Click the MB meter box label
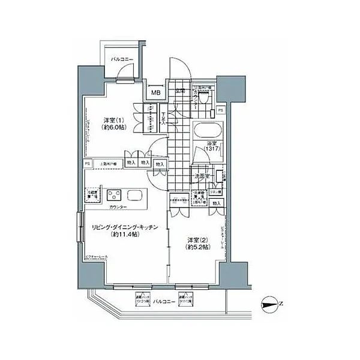(155, 93)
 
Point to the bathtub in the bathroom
(207, 131)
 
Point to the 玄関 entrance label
(180, 91)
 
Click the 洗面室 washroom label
(201, 176)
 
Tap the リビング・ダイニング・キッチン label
(124, 227)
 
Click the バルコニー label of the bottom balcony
(163, 301)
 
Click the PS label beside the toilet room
(221, 111)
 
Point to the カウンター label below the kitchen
(118, 207)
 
